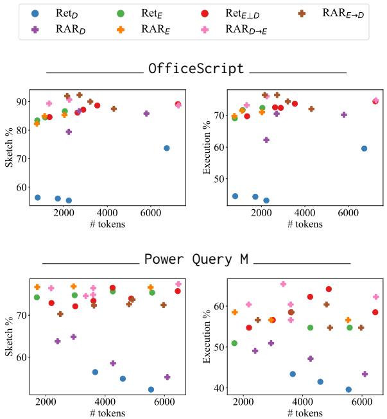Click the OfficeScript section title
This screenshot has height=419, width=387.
point(196,68)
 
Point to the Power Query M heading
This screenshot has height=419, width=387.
point(196,259)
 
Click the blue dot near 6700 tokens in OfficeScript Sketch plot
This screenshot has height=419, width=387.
point(167,148)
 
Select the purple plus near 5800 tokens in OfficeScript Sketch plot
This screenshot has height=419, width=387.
point(146,114)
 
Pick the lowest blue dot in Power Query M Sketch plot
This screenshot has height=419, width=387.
point(151,389)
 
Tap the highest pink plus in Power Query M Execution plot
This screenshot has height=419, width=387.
point(283,284)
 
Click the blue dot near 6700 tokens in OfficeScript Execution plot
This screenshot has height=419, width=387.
point(364,148)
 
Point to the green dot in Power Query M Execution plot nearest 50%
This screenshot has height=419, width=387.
point(234,343)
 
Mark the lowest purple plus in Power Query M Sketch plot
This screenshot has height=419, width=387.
point(168,377)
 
